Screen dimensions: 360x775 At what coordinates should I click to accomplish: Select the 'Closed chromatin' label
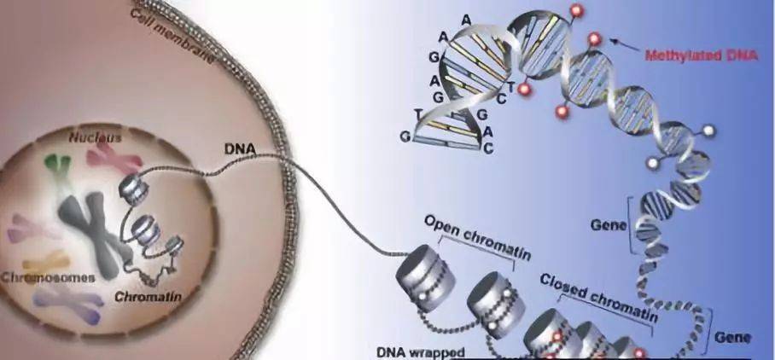point(597,294)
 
